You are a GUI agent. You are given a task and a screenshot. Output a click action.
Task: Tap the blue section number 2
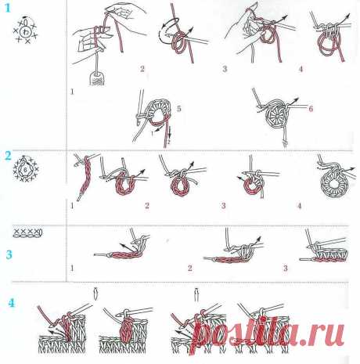coord(9,156)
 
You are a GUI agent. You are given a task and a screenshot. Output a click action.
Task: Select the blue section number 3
coord(9,254)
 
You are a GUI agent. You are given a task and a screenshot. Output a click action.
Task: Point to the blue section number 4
coord(11,301)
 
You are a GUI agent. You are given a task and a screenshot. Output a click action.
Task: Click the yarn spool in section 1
coord(96,77)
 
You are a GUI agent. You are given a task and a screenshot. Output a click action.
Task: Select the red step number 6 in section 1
coord(311,109)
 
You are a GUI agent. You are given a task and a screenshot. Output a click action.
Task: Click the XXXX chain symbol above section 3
coord(27,232)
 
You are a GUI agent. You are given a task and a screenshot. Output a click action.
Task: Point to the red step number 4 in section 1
coord(300,69)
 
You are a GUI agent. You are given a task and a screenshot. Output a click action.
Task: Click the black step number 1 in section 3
coord(72,268)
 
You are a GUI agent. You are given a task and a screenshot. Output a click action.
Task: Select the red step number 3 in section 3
coord(285,268)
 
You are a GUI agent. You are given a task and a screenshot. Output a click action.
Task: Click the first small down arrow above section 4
coord(95,293)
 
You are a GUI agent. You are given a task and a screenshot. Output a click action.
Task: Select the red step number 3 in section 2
coord(224,206)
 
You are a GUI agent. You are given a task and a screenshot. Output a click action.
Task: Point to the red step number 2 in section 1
coord(142,69)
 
